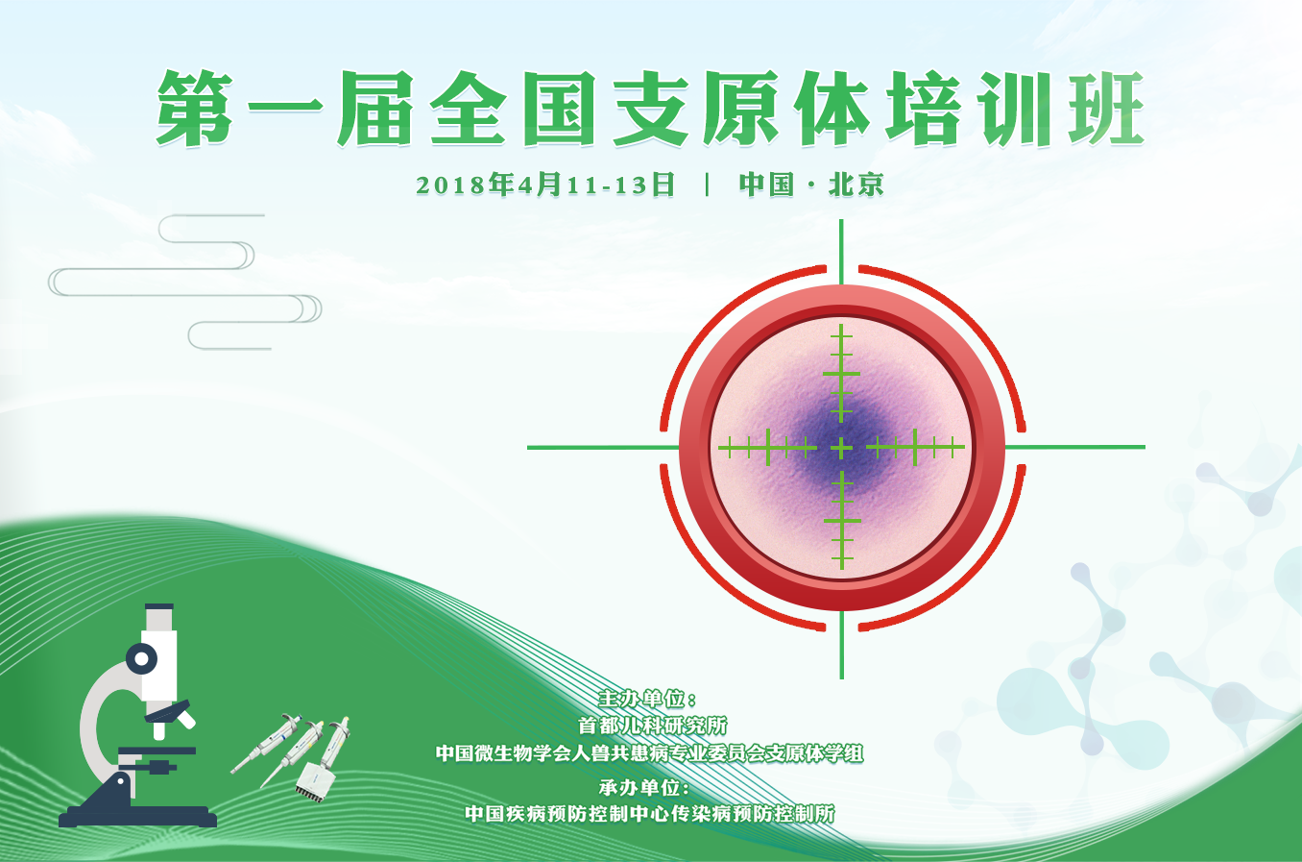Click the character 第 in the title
(x=195, y=108)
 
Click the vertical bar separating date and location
(x=707, y=185)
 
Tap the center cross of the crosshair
(x=841, y=447)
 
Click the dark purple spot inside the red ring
(x=841, y=445)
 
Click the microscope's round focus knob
(x=141, y=659)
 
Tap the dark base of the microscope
(x=137, y=816)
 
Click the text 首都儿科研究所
(x=652, y=726)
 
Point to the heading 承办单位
(x=644, y=788)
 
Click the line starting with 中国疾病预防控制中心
(x=650, y=814)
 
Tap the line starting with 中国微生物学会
(x=650, y=753)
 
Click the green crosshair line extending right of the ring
(x=1075, y=447)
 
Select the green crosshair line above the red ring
(x=841, y=252)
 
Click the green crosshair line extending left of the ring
(x=603, y=447)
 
